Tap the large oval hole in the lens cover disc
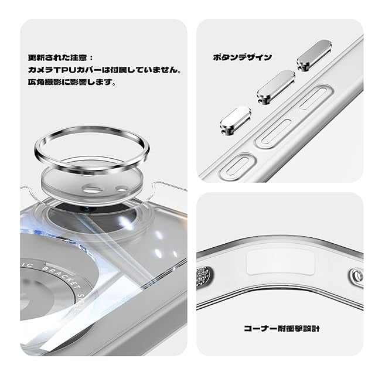(x=93, y=189)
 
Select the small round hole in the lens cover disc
(x=122, y=189)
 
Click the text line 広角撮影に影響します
(x=71, y=82)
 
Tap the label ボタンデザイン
(x=242, y=57)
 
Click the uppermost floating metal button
(x=314, y=55)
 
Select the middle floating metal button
(x=276, y=87)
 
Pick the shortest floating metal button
(x=236, y=121)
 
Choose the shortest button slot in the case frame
(x=237, y=166)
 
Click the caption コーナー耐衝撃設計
(x=282, y=328)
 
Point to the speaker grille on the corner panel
(x=204, y=275)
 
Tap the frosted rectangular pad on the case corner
(x=280, y=262)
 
